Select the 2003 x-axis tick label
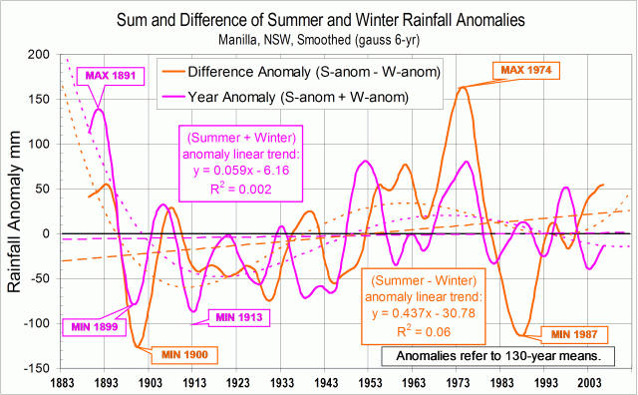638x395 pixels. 590,382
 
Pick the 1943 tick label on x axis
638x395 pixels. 325,382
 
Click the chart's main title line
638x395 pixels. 318,20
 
